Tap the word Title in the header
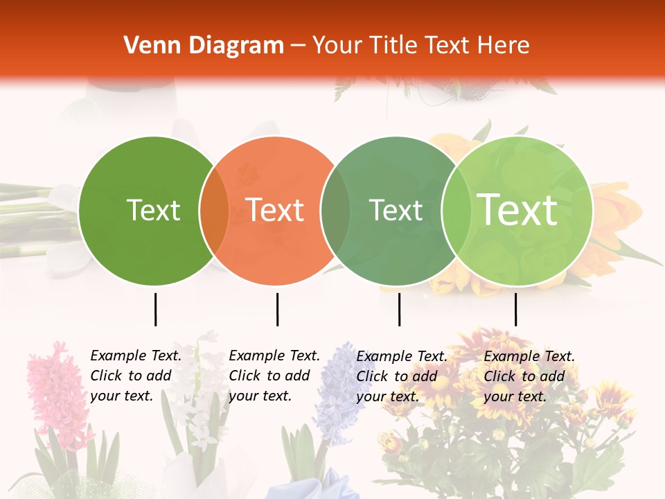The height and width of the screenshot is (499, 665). [x=394, y=46]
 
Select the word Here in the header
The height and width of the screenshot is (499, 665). [x=504, y=46]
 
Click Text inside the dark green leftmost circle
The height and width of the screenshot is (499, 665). [x=153, y=210]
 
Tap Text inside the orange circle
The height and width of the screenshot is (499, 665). [x=274, y=210]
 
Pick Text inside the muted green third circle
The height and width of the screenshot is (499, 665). [x=396, y=210]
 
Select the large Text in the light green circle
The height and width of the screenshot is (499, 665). [x=517, y=209]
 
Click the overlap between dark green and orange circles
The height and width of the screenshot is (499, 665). [x=214, y=211]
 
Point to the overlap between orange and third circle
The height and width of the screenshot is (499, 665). [x=335, y=211]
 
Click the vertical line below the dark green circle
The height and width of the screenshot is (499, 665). [x=155, y=309]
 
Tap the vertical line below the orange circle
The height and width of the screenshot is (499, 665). [x=277, y=309]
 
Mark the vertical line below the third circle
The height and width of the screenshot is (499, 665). [x=399, y=309]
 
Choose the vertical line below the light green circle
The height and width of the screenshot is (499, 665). [x=515, y=309]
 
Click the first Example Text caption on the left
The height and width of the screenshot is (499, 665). [x=136, y=376]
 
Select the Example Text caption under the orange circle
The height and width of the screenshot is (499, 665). [x=274, y=376]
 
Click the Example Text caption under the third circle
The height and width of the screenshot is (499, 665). [x=402, y=376]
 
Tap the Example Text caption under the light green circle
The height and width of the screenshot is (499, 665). [x=529, y=376]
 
